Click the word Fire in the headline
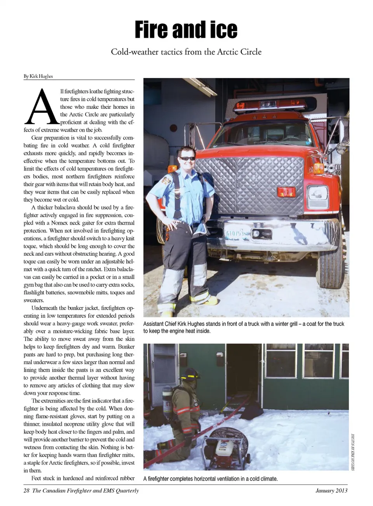point(152,30)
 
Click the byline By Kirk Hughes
point(38,76)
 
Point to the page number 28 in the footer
point(26,490)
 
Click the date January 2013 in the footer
point(331,490)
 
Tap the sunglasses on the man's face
point(187,158)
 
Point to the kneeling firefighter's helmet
point(190,374)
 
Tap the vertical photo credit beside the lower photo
point(353,452)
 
